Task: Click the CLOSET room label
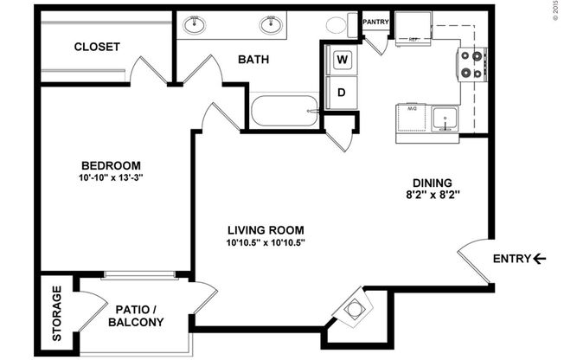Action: coord(96,47)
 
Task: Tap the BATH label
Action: coord(253,60)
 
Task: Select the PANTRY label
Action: coord(375,22)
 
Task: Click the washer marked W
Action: coord(342,60)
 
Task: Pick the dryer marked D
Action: coord(342,93)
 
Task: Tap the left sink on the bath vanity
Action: coord(196,23)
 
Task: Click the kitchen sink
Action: coord(445,118)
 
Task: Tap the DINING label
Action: coord(433,183)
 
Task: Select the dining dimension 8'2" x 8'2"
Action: coord(433,196)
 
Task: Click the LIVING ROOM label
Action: coord(266,229)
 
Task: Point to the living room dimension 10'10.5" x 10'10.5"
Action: coord(266,242)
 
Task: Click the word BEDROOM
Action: coord(111,165)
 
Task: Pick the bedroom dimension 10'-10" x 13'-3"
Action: coord(111,178)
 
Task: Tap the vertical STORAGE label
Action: coord(57,312)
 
